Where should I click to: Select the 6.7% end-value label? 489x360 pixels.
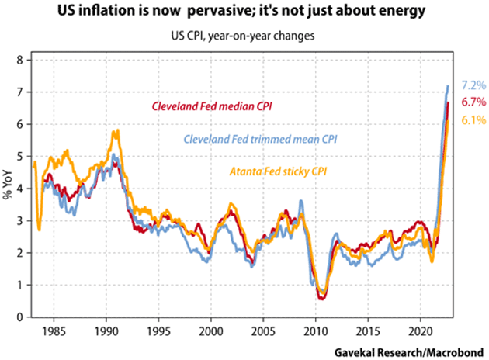pos(473,102)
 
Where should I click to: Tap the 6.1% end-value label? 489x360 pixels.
pos(473,120)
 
